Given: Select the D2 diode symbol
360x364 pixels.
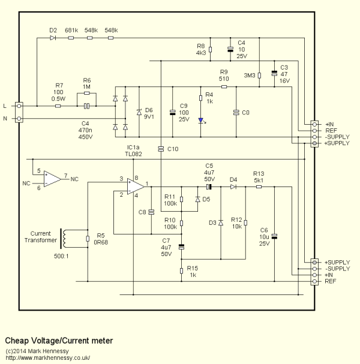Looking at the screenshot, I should [x=53, y=38].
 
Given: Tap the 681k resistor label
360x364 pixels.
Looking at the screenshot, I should [x=71, y=29].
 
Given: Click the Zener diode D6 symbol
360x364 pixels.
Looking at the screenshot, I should [x=139, y=112].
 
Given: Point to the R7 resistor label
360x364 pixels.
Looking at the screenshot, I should [x=59, y=85].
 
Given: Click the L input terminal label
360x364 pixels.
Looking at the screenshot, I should [x=5, y=106].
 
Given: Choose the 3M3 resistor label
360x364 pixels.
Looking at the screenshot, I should [x=250, y=76].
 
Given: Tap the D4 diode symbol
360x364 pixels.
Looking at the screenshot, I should [x=233, y=186].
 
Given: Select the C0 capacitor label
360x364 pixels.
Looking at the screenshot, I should [x=245, y=112].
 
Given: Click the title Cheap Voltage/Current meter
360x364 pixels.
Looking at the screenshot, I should [x=59, y=340].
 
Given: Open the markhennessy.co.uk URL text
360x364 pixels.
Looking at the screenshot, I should [x=47, y=357].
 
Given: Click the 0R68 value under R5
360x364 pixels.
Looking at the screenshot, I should [x=100, y=243].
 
